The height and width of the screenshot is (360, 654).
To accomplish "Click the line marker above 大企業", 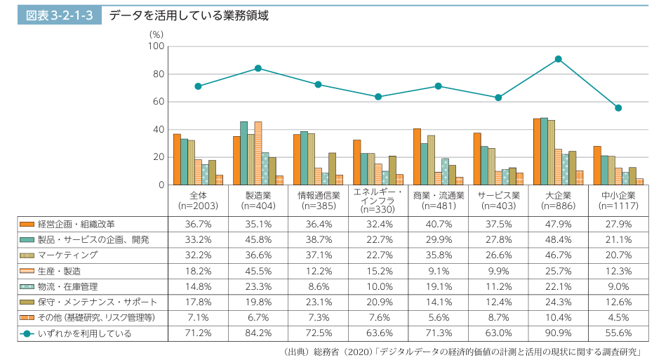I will (559, 59).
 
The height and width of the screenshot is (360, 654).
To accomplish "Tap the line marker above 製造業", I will (258, 68).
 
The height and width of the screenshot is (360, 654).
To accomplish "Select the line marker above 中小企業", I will (618, 108).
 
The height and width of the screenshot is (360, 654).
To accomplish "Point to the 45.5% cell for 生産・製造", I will (258, 271).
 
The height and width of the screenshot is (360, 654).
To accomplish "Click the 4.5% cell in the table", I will (618, 318).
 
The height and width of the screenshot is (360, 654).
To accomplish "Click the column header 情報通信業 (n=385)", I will (319, 200).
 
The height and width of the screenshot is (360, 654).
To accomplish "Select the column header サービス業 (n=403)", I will (498, 200).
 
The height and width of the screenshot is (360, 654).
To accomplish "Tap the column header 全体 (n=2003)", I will (199, 200).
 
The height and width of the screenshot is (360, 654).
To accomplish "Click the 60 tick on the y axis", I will (158, 102).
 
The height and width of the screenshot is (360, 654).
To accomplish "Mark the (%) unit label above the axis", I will (156, 34).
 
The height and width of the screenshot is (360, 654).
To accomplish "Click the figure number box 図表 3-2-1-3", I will (59, 15).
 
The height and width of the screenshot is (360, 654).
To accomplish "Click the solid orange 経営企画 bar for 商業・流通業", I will (417, 156).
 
